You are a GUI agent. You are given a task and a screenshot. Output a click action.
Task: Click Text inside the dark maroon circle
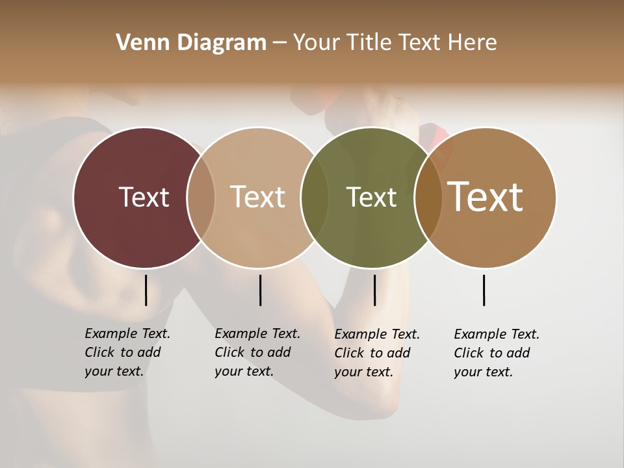(x=144, y=197)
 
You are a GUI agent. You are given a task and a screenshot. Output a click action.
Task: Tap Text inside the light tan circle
(x=257, y=197)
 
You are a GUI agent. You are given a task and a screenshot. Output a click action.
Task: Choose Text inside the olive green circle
(x=371, y=197)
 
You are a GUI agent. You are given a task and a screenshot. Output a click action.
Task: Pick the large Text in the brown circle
(x=486, y=197)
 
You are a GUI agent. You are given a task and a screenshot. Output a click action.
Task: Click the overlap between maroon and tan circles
(x=201, y=198)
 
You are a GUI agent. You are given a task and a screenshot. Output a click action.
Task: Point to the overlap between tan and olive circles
(x=315, y=198)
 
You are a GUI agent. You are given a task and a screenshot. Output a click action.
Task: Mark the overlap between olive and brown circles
(x=428, y=198)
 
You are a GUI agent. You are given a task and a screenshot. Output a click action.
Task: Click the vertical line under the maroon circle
(x=146, y=290)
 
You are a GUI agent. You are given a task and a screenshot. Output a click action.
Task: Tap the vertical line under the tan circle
(x=260, y=290)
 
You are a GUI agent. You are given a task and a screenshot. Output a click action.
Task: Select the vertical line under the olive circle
(x=374, y=290)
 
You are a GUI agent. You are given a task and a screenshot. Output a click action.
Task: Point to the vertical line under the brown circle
(x=484, y=290)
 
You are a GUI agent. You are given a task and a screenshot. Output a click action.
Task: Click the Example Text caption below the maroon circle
(x=127, y=352)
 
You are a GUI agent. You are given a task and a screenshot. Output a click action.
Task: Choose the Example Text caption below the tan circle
(x=257, y=352)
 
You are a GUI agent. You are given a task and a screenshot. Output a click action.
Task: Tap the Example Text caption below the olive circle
(x=377, y=353)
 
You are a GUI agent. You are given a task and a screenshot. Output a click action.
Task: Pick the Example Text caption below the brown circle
(x=497, y=353)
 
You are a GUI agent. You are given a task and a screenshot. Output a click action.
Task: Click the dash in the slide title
(x=279, y=44)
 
